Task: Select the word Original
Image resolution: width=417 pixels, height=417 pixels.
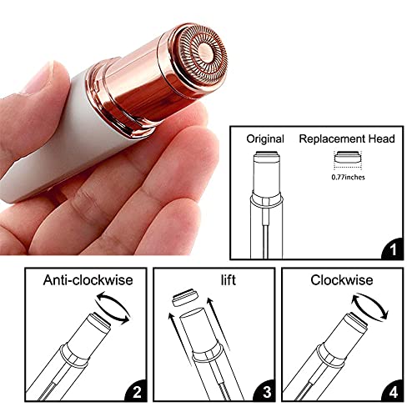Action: (266, 138)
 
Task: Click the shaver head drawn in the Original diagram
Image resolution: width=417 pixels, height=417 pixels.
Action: (265, 164)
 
